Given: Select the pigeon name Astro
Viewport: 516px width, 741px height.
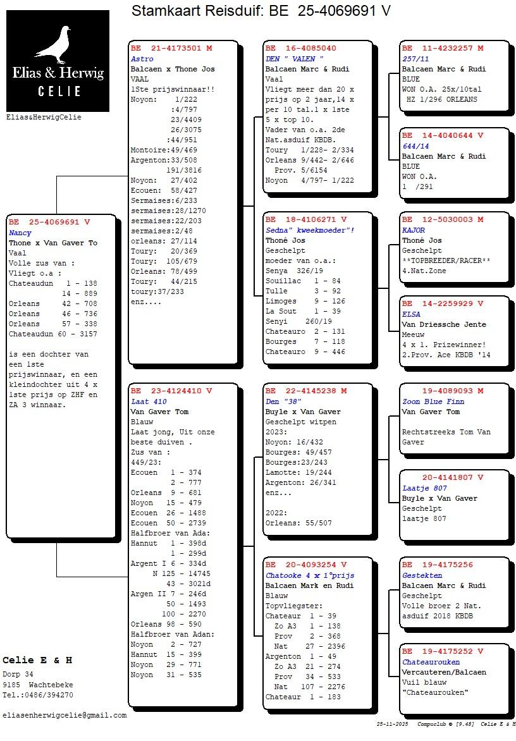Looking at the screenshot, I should [x=142, y=59].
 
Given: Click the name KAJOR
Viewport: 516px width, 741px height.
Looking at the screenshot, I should [x=414, y=230].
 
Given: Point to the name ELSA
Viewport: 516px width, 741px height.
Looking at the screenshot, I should [x=411, y=314].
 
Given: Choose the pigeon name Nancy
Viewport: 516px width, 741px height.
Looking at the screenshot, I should [x=20, y=233].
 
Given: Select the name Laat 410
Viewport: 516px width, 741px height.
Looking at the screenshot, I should [x=149, y=401].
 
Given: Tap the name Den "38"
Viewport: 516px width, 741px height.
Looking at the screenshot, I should [x=283, y=401].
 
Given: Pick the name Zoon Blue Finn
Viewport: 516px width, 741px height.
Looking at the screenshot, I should [x=433, y=401].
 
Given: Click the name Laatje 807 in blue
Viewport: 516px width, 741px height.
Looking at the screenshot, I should [x=424, y=488].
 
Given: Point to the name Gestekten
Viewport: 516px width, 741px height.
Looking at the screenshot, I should [x=422, y=575].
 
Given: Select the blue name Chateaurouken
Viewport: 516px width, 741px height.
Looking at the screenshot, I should [x=431, y=662].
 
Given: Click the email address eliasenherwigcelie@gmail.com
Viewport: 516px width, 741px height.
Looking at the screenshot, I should [x=64, y=716].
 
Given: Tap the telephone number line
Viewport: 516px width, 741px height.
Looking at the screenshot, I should [x=37, y=695].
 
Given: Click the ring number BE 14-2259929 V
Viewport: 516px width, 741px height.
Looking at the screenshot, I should [x=443, y=303].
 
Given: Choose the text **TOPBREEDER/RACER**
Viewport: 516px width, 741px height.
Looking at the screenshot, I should [x=446, y=260].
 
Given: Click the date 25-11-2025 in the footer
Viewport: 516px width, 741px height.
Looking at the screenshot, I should [x=393, y=724].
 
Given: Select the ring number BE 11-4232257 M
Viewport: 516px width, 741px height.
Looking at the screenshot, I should [x=443, y=48].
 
